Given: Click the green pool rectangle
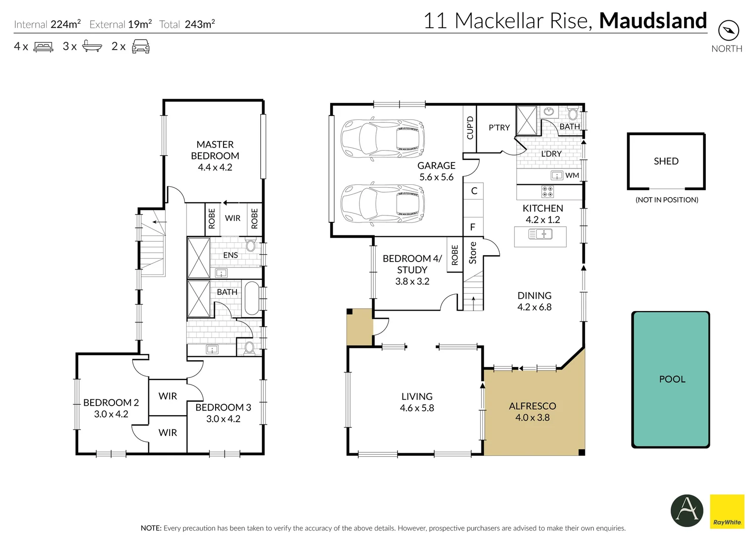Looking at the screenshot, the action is coord(670,379).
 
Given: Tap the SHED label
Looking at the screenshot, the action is coord(666,161).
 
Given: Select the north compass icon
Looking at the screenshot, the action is coord(729,31).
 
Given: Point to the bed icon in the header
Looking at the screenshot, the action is coord(43,47).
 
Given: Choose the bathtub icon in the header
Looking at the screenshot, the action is coord(92,46).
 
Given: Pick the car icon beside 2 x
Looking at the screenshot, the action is coord(141,46).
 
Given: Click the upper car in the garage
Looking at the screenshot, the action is coord(382,138).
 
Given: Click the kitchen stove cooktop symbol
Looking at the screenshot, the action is coord(548,192).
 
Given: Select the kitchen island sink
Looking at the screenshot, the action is coord(540,234).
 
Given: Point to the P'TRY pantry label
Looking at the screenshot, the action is coord(499,127).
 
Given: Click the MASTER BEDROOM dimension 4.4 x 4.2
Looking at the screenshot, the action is coord(215,167).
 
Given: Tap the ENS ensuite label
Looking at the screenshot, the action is coord(231,255).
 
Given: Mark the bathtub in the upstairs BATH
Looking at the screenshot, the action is coord(251,298).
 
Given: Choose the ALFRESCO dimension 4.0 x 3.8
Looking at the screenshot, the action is coord(532,418).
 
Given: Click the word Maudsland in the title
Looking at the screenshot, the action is coord(653,21).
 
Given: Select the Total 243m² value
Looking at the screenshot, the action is coord(200,24).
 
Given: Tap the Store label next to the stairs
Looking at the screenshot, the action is coord(473,253).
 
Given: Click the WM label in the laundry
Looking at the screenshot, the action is coord(572,175).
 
